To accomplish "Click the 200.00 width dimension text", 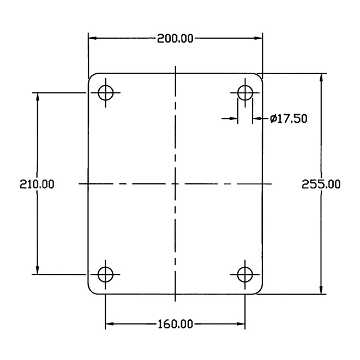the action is point(175,39).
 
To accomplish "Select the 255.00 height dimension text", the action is point(321,184).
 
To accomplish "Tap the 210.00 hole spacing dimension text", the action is point(37,184).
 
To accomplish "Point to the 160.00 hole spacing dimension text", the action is point(176,325).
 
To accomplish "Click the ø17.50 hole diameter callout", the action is point(289,119).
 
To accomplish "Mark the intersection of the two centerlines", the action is point(176,184).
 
